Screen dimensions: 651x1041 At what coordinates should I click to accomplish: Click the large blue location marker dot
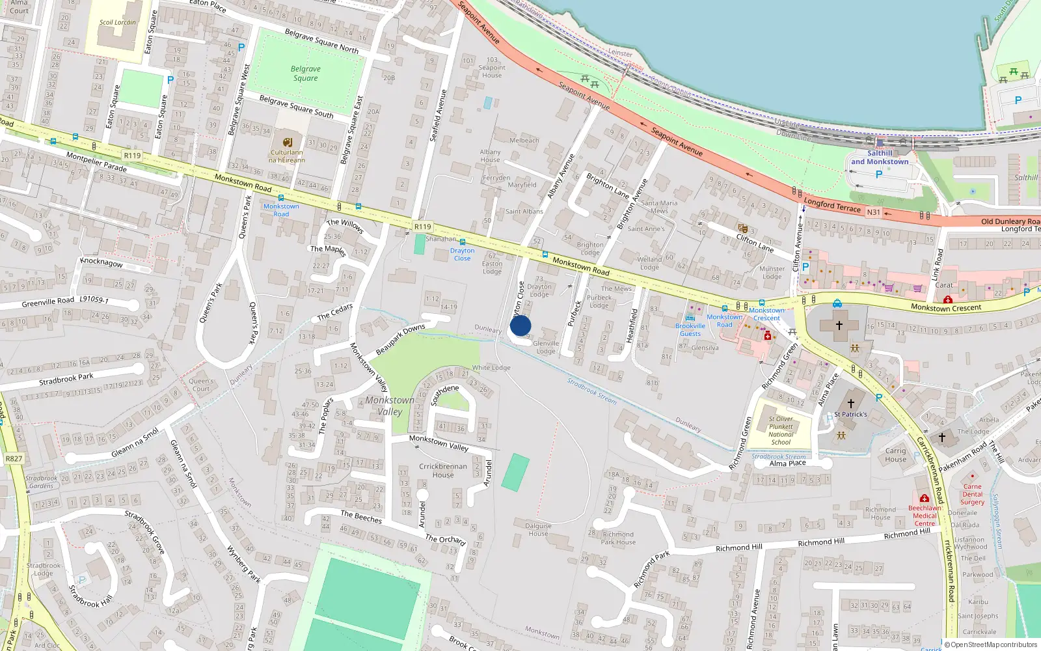tap(520, 325)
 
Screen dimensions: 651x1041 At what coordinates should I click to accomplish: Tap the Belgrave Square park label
tap(306, 73)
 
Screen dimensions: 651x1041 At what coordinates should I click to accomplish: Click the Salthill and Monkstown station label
tap(880, 158)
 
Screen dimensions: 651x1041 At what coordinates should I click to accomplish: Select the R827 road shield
tap(14, 458)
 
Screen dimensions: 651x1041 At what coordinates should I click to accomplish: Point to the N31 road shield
tap(873, 212)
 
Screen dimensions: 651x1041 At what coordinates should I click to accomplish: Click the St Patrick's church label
tap(850, 414)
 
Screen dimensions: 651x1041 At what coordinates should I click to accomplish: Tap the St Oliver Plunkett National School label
tap(781, 431)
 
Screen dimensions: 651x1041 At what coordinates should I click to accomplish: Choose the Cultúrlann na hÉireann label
tap(287, 156)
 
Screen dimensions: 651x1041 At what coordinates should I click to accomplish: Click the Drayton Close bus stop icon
tap(463, 242)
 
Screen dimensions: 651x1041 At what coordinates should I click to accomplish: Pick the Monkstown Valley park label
tap(390, 406)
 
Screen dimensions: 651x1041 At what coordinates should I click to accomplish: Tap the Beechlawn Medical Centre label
tap(925, 516)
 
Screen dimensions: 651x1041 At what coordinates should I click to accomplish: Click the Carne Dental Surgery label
tap(972, 494)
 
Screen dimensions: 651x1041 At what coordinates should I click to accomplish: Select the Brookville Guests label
tap(690, 329)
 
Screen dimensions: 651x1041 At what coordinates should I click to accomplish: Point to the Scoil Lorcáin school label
tap(118, 22)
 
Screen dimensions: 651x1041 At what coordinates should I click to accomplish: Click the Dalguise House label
tap(538, 529)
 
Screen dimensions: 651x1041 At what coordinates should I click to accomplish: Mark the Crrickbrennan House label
tap(443, 470)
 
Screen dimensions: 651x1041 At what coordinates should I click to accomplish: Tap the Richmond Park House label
tap(618, 538)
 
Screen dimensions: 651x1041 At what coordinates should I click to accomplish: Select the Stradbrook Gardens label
tap(41, 482)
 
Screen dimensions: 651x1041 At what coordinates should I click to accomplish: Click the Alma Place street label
tap(787, 464)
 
